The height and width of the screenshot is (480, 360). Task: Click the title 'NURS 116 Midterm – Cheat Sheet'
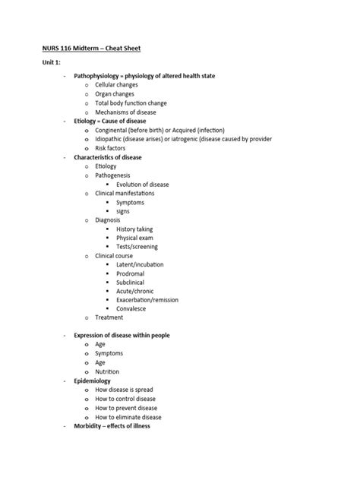click(x=91, y=49)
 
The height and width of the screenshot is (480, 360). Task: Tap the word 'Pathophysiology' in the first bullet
click(x=98, y=76)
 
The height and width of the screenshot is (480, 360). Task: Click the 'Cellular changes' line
click(x=117, y=85)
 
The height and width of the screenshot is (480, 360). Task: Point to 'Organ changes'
click(x=115, y=94)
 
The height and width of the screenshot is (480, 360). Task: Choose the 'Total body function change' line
click(x=131, y=103)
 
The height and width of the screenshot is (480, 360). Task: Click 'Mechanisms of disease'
click(x=125, y=112)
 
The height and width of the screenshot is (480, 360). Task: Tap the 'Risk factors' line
click(x=112, y=149)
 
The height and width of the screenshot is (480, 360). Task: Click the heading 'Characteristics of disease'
click(x=107, y=157)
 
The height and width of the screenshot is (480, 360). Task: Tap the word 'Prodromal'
click(x=131, y=274)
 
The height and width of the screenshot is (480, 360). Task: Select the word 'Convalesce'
click(x=132, y=310)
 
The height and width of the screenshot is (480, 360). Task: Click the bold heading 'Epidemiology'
click(x=92, y=381)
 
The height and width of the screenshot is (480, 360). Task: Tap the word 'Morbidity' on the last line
click(x=88, y=426)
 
